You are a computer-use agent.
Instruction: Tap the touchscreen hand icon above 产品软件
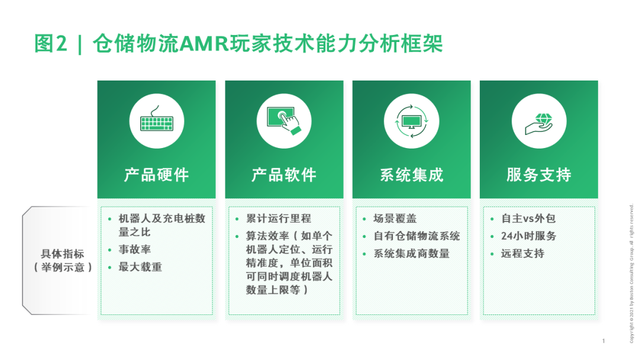[283, 121]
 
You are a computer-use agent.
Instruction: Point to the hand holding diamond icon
[538, 121]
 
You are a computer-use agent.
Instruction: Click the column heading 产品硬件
[156, 175]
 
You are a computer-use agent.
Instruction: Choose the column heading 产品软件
[284, 175]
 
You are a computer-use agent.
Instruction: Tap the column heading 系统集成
[411, 175]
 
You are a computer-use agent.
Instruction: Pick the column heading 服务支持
[538, 175]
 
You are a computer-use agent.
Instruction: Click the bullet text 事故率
[135, 250]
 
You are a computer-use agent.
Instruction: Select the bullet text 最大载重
[140, 267]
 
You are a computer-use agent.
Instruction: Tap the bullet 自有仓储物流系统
[417, 236]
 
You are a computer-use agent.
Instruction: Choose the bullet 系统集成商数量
[411, 253]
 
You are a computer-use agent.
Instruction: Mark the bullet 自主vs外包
[528, 218]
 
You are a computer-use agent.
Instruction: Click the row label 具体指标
[63, 254]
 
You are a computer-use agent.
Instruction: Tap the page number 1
[603, 341]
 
